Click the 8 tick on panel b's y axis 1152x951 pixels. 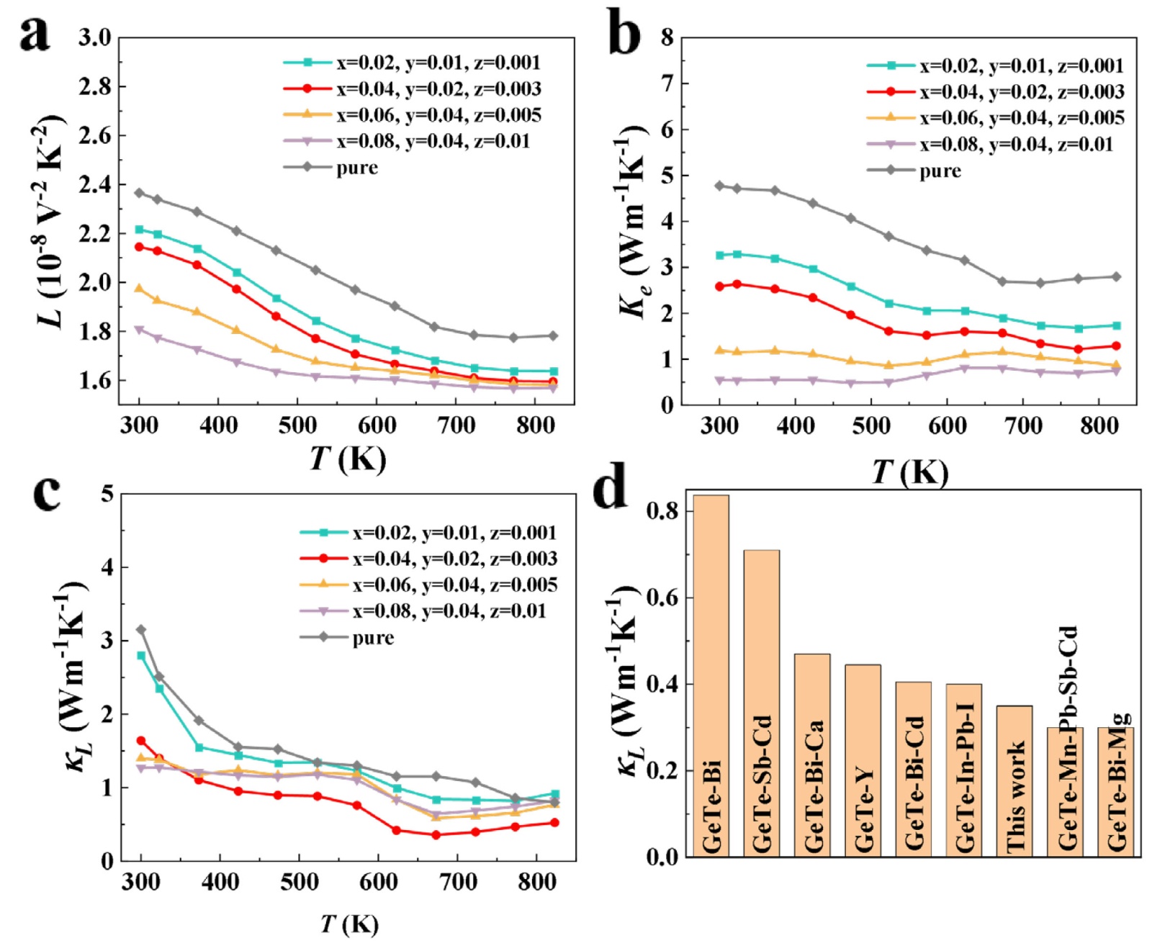pyautogui.click(x=667, y=37)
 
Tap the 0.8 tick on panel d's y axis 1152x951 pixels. pyautogui.click(x=662, y=511)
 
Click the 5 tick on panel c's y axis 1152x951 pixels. pyautogui.click(x=107, y=494)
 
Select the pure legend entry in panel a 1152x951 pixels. pyautogui.click(x=356, y=168)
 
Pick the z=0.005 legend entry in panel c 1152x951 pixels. pyautogui.click(x=454, y=585)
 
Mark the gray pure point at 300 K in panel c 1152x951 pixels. pyautogui.click(x=141, y=630)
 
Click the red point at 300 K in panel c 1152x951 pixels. pyautogui.click(x=141, y=741)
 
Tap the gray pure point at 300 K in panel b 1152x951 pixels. pyautogui.click(x=719, y=186)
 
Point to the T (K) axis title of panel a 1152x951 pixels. pyautogui.click(x=348, y=458)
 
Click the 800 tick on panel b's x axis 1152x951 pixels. pyautogui.click(x=1099, y=426)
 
